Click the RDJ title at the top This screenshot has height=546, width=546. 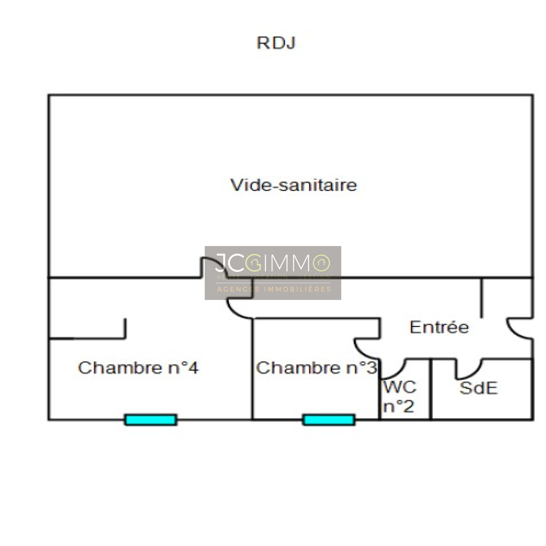click(x=276, y=43)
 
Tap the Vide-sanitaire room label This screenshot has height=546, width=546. click(x=293, y=185)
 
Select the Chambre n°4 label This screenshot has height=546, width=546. click(x=138, y=368)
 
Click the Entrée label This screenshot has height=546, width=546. click(x=439, y=327)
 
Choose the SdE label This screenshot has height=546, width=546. click(x=478, y=388)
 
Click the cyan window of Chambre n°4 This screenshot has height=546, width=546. click(x=151, y=420)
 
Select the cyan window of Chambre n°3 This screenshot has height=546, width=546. click(x=329, y=420)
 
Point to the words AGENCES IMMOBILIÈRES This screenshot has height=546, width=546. click(x=274, y=289)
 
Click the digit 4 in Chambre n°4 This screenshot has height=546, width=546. click(x=193, y=368)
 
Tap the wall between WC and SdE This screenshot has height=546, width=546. click(x=431, y=389)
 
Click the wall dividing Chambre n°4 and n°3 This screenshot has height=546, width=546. click(x=253, y=369)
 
